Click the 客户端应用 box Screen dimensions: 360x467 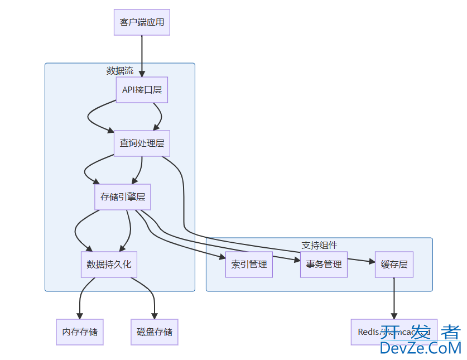pyautogui.click(x=142, y=22)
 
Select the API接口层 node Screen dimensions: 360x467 pyautogui.click(x=142, y=90)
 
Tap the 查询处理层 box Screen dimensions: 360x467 pyautogui.click(x=142, y=143)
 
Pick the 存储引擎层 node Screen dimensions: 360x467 pyautogui.click(x=123, y=196)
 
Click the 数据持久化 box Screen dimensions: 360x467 pyautogui.click(x=109, y=264)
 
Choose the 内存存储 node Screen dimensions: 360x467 pyautogui.click(x=80, y=332)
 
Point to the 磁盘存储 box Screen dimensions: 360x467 pyautogui.click(x=155, y=332)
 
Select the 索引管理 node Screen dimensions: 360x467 pyautogui.click(x=249, y=264)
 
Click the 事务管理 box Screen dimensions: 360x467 pyautogui.click(x=324, y=264)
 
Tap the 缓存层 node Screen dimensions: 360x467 pyautogui.click(x=394, y=264)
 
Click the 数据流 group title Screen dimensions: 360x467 pyautogui.click(x=120, y=71)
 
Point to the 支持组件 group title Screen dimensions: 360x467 pyautogui.click(x=319, y=245)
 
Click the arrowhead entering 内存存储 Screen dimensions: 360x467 pyautogui.click(x=80, y=315)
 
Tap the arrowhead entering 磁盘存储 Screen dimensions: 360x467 pyautogui.click(x=155, y=315)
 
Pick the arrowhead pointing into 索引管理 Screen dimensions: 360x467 pyautogui.click(x=222, y=257)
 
